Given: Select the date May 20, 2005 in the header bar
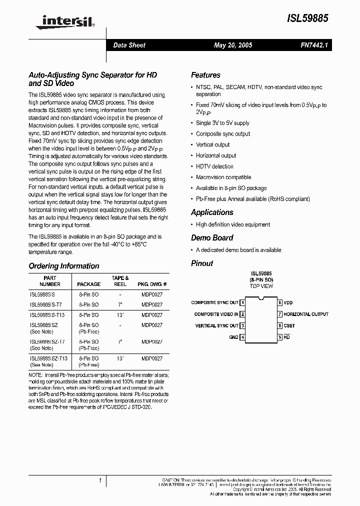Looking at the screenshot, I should (x=233, y=45).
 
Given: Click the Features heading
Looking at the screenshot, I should (x=205, y=75).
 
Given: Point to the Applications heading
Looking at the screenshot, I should (x=212, y=212).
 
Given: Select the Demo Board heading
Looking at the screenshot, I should (x=212, y=238).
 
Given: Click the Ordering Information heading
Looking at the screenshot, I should (x=64, y=266).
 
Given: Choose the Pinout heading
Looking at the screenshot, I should (x=202, y=263).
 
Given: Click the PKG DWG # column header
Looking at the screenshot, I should (x=152, y=284).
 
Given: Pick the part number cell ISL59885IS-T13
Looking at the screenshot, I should (x=47, y=314).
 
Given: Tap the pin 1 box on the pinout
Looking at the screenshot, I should (x=242, y=302).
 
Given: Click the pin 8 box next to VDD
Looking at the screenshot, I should (x=280, y=302).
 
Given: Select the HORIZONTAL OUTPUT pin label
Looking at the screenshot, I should (x=306, y=314).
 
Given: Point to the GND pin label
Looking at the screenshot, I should (x=233, y=337).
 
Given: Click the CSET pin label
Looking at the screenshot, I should (x=289, y=326).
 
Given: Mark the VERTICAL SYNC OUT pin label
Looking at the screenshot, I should (x=216, y=326).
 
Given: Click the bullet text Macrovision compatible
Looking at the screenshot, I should (x=223, y=177).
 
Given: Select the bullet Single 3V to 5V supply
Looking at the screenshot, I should (x=222, y=123).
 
